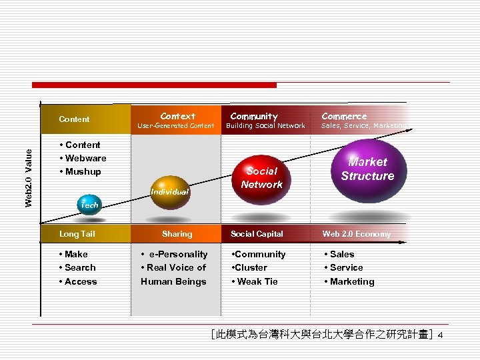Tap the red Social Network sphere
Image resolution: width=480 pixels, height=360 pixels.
click(262, 177)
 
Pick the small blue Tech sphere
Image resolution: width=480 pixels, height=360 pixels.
click(89, 204)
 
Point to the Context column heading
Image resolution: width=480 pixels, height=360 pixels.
click(178, 116)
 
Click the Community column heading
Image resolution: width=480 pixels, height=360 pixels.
click(254, 116)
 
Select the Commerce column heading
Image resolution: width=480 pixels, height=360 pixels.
click(344, 116)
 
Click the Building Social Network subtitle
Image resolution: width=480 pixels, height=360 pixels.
click(265, 126)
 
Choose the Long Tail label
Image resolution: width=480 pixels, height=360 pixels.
click(77, 234)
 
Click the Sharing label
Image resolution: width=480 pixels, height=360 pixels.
click(177, 234)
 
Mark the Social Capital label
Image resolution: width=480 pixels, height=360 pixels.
click(257, 234)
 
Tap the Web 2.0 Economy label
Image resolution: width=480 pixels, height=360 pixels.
click(357, 234)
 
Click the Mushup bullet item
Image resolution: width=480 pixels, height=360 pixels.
click(80, 172)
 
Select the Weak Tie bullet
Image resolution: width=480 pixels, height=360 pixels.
click(254, 281)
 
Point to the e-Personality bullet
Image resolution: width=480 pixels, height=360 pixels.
click(175, 254)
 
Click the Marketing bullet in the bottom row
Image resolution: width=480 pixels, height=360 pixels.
click(349, 281)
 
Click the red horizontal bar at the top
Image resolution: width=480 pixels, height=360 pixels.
click(154, 85)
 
